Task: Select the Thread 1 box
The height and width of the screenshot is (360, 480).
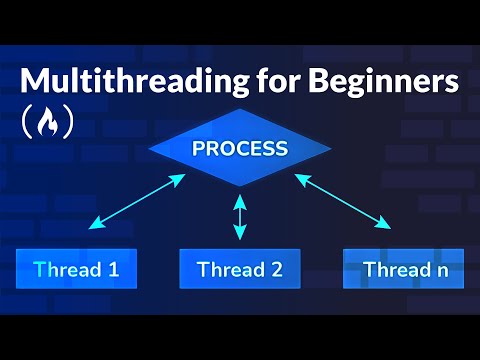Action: [76, 269]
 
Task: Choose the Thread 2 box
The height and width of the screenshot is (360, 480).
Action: [240, 269]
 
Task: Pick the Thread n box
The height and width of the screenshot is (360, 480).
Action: [403, 269]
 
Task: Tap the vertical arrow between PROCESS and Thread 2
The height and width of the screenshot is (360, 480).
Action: [239, 217]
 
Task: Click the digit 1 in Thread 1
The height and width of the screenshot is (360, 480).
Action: [113, 269]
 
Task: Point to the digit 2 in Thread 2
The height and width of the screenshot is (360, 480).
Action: [276, 269]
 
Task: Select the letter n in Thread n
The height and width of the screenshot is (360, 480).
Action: [440, 270]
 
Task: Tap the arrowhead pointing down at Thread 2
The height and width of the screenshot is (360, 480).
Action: [239, 235]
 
